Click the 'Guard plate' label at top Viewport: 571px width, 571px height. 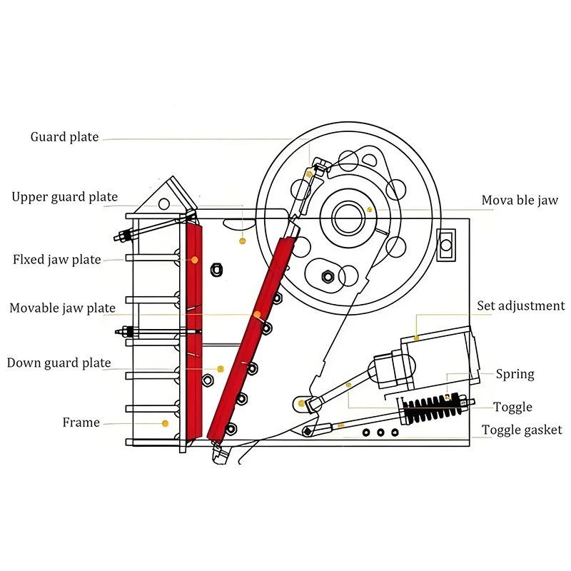click(64, 137)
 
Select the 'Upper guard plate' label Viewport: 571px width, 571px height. click(65, 197)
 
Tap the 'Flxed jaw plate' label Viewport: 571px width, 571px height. click(57, 259)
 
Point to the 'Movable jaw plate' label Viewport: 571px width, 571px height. click(62, 308)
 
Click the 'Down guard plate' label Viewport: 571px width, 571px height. click(59, 363)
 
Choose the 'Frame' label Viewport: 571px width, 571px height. click(81, 423)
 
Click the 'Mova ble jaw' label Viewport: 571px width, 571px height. click(520, 201)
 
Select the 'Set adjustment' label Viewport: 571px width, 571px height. click(521, 305)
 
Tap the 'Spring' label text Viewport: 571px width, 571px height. click(515, 374)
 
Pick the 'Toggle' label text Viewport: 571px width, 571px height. click(513, 407)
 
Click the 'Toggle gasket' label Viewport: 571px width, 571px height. click(522, 430)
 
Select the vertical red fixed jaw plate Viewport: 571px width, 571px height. click(193, 328)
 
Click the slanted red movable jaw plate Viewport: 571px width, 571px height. click(250, 335)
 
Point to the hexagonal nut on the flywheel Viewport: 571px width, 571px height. click(328, 276)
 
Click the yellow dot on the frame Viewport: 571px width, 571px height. click(165, 423)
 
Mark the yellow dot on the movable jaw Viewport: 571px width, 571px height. click(370, 209)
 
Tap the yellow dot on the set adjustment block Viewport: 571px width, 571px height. click(415, 336)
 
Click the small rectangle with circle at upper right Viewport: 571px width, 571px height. click(447, 245)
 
